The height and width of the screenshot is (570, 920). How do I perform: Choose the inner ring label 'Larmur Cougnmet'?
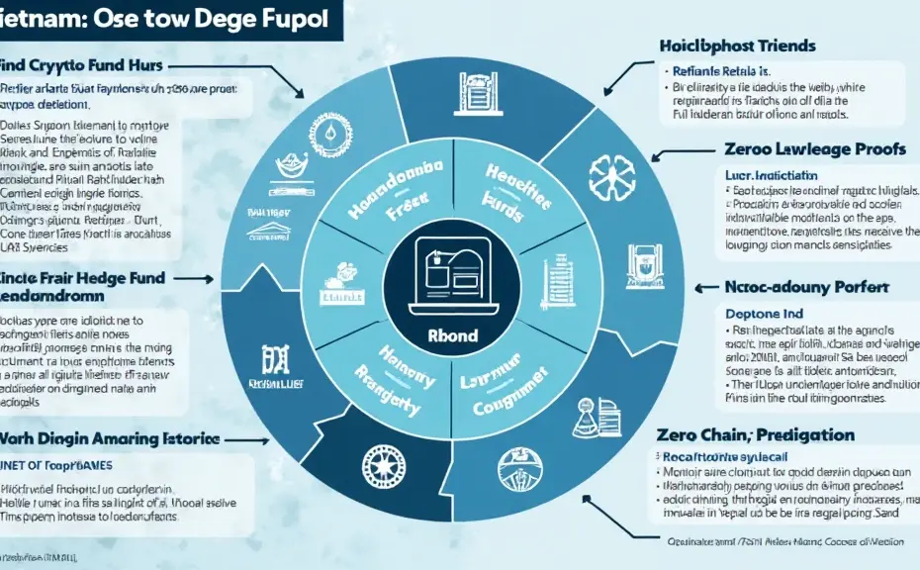click(505, 393)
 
